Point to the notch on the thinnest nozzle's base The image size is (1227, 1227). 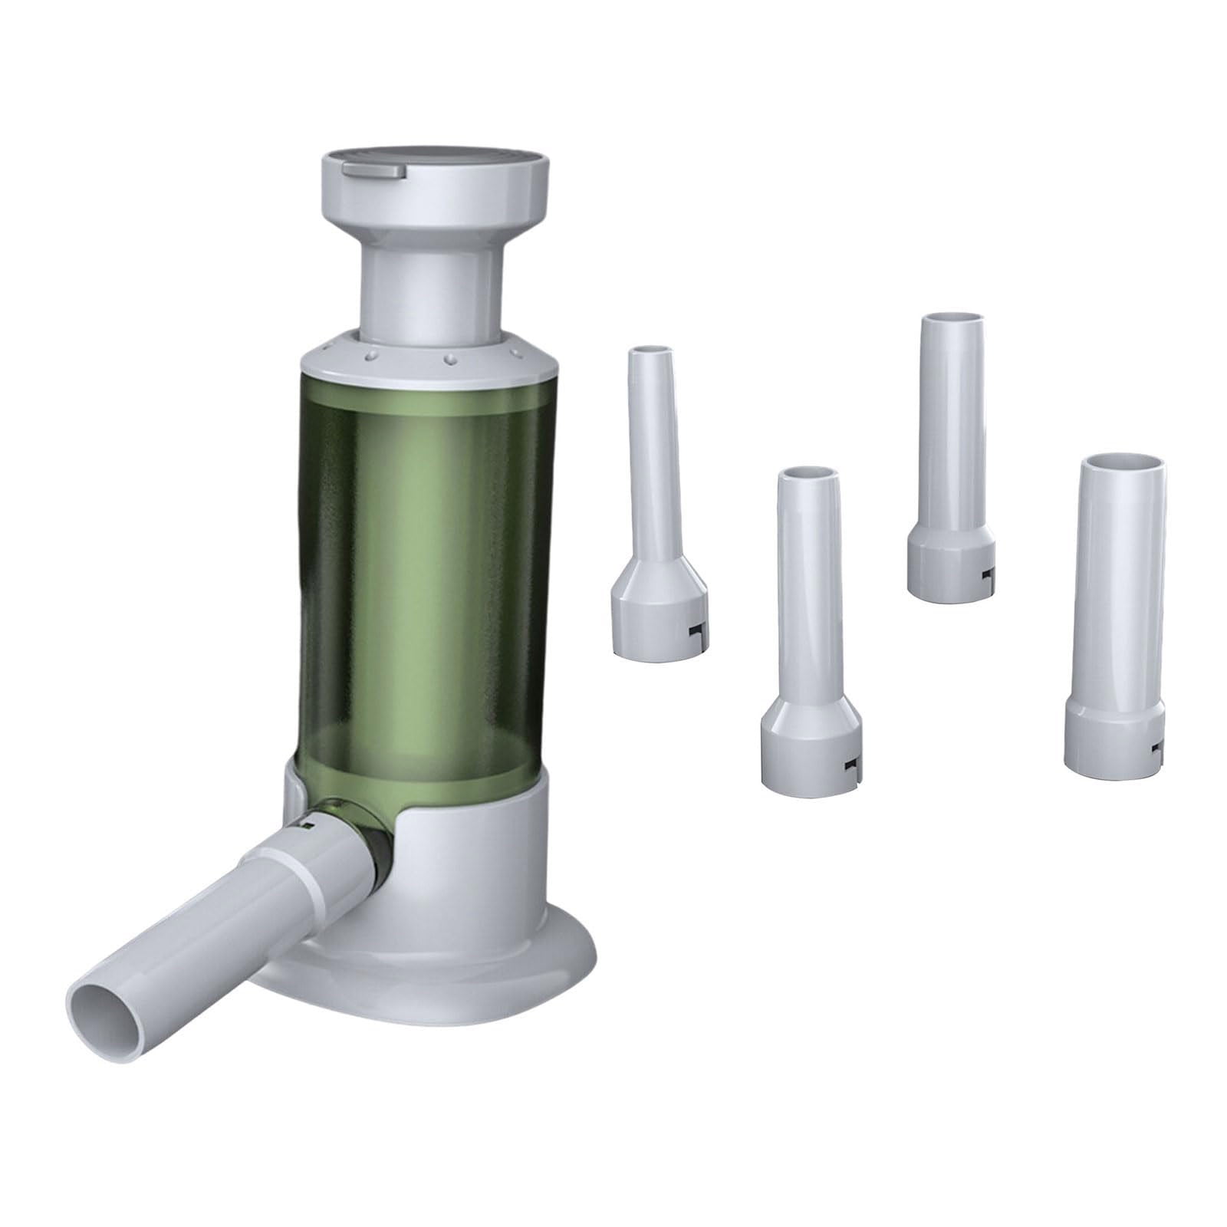tap(695, 630)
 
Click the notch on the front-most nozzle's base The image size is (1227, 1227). tap(850, 769)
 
